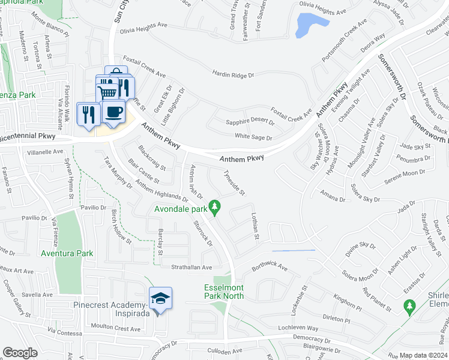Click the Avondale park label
point(181,209)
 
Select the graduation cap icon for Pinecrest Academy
point(160,298)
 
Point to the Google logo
point(20,352)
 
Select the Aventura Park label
point(67,253)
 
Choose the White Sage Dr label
point(253,137)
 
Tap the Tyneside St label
point(234,182)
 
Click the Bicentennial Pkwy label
point(28,137)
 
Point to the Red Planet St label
point(376,298)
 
